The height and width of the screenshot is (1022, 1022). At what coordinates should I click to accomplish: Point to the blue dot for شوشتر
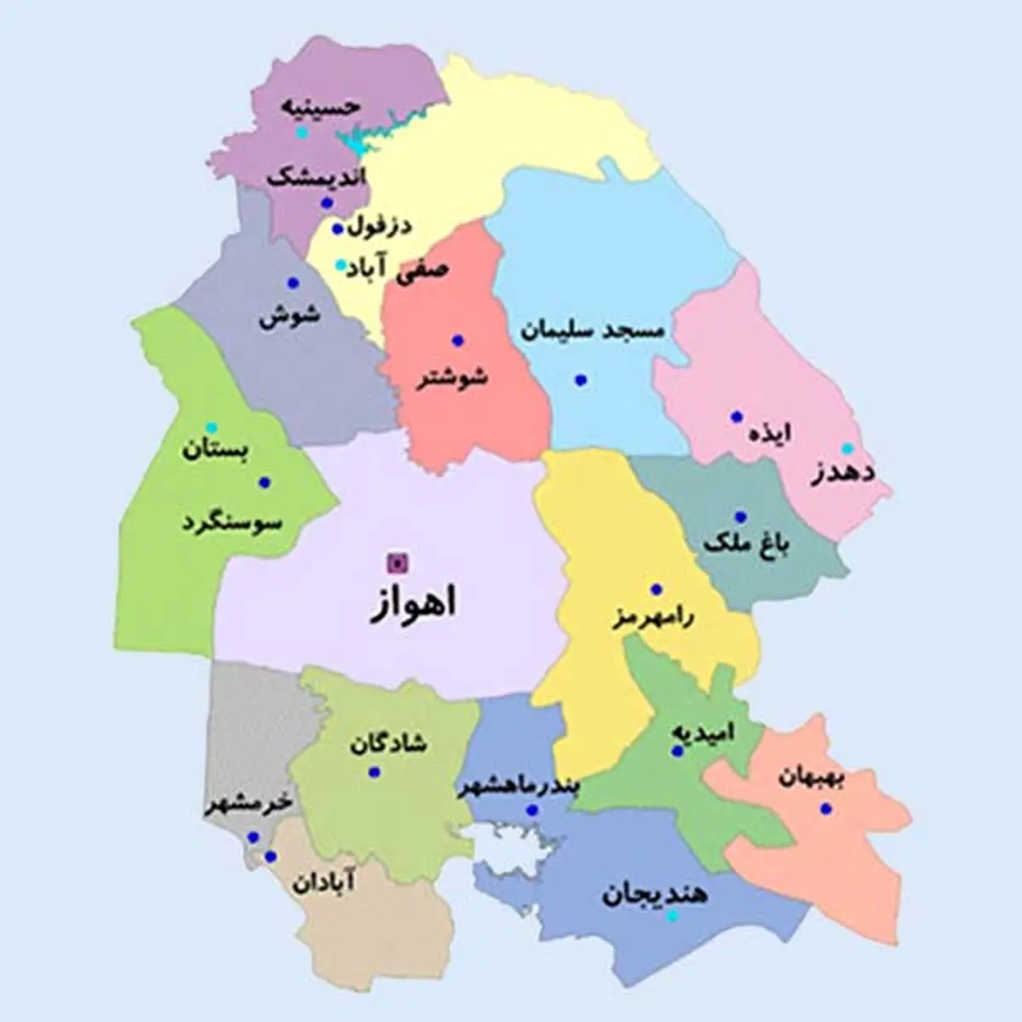pos(458,340)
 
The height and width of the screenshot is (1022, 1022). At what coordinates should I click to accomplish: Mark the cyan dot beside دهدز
pos(847,448)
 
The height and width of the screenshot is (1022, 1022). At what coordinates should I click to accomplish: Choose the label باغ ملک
pos(746,545)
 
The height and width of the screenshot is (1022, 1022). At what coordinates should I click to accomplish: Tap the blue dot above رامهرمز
pos(656,589)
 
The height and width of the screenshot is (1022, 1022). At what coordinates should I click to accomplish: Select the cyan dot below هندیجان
pos(672,916)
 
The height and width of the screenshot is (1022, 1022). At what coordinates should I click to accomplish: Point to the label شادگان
pos(388,743)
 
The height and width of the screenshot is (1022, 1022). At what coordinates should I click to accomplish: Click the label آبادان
pos(324,883)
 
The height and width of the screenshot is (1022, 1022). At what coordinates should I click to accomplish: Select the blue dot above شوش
pos(293,283)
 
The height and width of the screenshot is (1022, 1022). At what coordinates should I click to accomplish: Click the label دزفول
pos(379,227)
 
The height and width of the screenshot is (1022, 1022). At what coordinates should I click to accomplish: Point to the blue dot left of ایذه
pos(737,417)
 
